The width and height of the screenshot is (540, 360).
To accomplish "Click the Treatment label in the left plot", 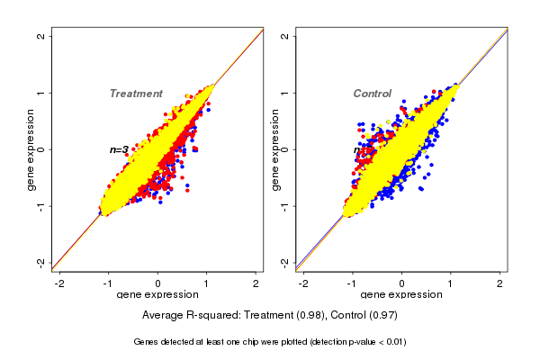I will tap(136, 94).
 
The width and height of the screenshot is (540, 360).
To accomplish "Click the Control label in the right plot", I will tap(372, 94).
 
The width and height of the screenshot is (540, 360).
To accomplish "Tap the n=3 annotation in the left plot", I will tap(119, 149).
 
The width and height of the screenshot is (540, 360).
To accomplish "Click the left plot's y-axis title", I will tap(31, 149).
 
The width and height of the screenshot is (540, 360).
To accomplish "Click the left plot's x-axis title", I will tap(157, 295).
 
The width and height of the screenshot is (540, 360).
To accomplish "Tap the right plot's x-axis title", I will tap(402, 295).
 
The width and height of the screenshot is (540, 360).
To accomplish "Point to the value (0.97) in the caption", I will tap(382, 316).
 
